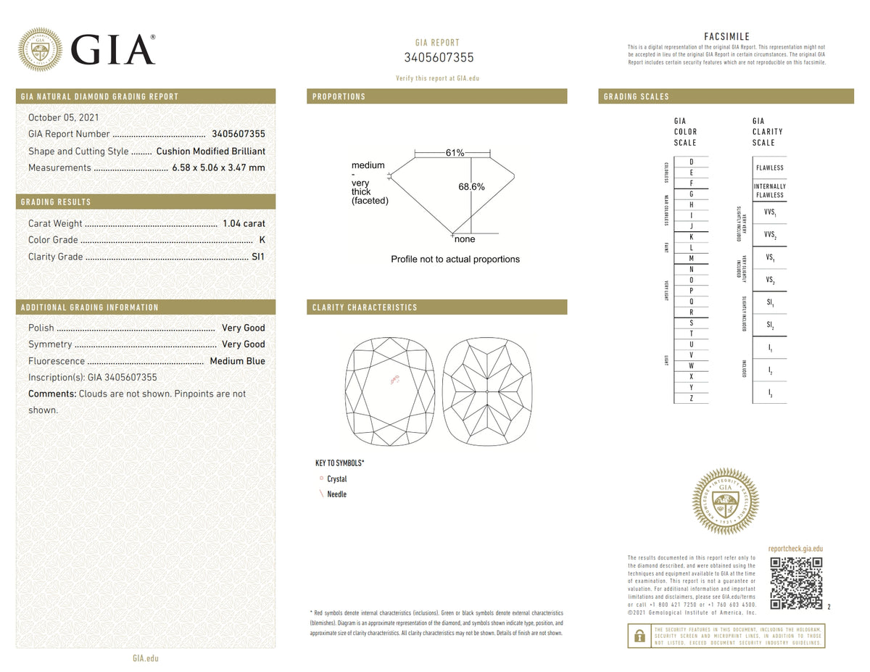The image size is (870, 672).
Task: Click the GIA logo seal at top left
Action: [x=40, y=50]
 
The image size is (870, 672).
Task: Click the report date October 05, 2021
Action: [x=64, y=117]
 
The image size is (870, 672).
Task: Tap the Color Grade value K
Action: [x=262, y=240]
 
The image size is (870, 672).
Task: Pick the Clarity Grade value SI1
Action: [x=258, y=257]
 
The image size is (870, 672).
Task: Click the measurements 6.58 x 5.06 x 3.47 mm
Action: [x=218, y=168]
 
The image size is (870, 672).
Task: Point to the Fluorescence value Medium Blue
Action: [x=237, y=361]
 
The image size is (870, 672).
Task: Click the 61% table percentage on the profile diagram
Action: [x=455, y=153]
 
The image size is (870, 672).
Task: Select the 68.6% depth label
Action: [x=471, y=187]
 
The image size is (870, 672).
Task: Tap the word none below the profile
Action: [x=465, y=239]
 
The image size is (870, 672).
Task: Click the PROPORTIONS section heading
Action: [x=339, y=96]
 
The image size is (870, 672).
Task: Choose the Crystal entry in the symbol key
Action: [x=336, y=479]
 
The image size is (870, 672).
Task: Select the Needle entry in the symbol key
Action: [x=336, y=494]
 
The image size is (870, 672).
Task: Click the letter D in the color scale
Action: [x=692, y=162]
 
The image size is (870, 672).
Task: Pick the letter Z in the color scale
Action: [x=692, y=398]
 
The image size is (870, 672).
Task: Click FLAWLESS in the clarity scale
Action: [x=769, y=168]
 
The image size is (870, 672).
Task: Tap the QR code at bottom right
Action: [x=796, y=584]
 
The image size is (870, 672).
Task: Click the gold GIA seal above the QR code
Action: [x=726, y=501]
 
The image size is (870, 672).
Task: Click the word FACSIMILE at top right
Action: [x=726, y=37]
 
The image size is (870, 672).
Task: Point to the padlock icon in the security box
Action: [x=639, y=636]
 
